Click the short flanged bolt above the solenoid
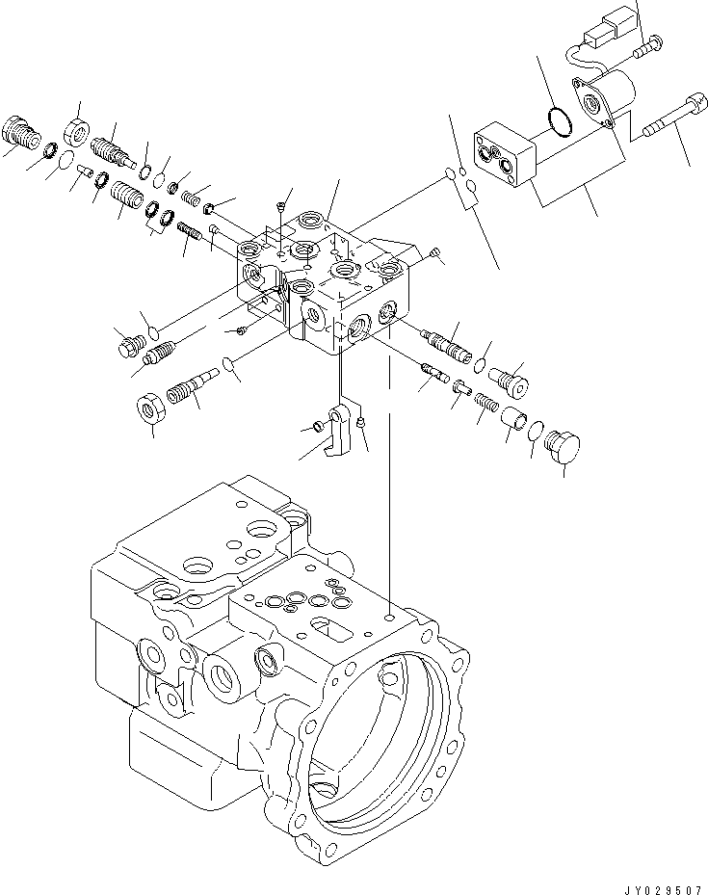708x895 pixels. [x=647, y=41]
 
